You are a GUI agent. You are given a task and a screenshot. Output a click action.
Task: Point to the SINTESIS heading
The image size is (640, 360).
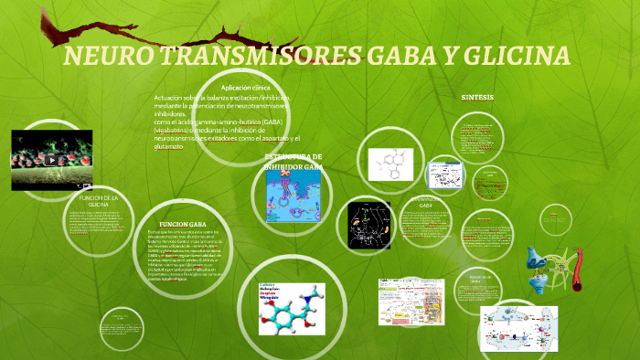point(477,96)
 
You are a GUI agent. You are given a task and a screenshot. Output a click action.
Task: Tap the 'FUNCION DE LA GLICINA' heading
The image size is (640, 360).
point(99,201)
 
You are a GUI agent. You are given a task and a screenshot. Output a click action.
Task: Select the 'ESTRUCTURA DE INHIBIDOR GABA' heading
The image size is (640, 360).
point(293,162)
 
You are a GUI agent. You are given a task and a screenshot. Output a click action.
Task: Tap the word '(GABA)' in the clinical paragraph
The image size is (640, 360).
point(270,122)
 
